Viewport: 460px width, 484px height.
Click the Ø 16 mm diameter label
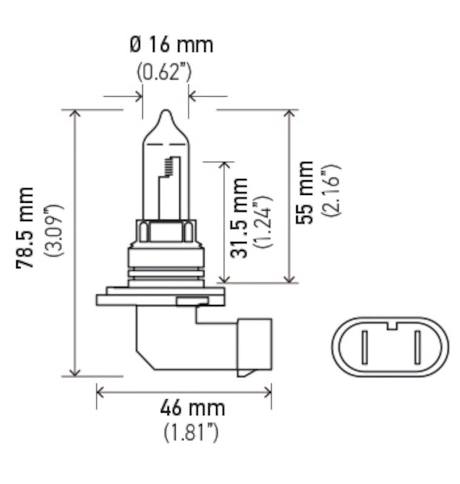[172, 44]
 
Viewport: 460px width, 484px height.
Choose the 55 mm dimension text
[305, 193]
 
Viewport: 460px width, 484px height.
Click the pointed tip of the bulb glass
[166, 112]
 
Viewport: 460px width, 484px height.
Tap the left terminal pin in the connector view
[364, 348]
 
